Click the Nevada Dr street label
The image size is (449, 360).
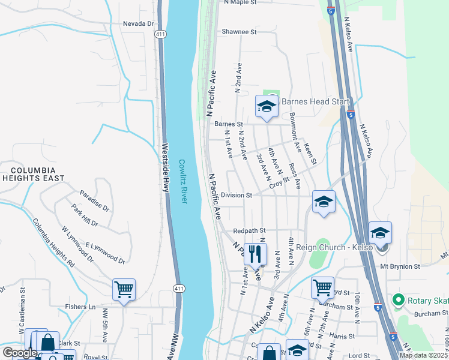138,23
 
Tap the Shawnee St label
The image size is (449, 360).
239,31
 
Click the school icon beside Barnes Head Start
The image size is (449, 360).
267,107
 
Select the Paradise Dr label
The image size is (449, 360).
94,201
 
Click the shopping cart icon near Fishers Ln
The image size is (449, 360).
124,290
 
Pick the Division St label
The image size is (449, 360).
236,195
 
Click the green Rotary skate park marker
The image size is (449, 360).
397,299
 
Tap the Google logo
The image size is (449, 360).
20,353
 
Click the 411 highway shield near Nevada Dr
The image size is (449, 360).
160,35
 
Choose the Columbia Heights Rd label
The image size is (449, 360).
53,243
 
